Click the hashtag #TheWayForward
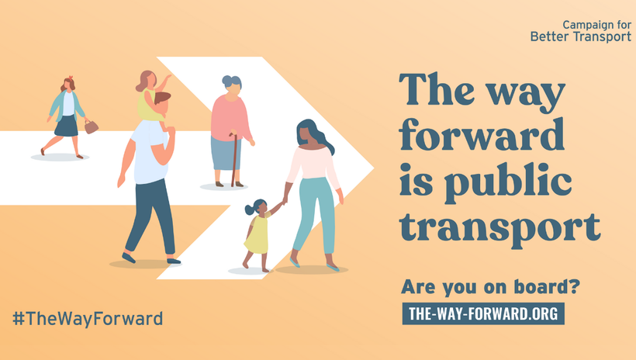pos(88,318)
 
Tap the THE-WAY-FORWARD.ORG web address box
pos(482,313)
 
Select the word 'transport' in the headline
pos(500,227)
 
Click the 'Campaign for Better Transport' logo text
pos(580,31)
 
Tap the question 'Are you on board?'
pos(490,286)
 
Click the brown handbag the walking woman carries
pos(91,126)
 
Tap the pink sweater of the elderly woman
pos(230,116)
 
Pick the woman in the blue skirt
pos(67,115)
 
